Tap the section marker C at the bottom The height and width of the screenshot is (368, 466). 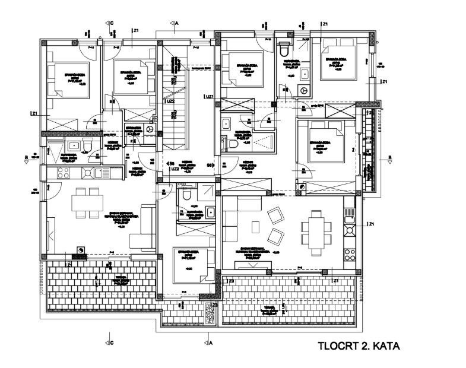click(111, 342)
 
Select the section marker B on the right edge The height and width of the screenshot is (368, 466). click(389, 158)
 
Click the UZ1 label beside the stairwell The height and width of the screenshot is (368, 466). click(208, 97)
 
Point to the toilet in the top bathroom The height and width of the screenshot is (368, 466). click(283, 50)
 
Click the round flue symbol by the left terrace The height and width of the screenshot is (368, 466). click(75, 250)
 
